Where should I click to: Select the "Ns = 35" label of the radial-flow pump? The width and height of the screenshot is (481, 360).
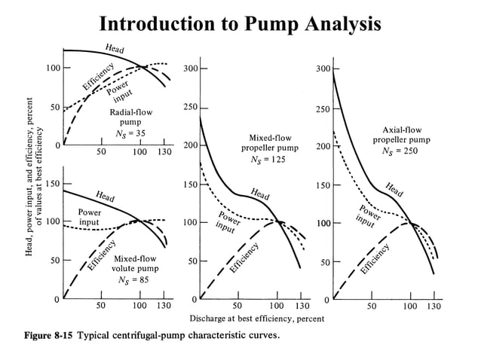pos(125,133)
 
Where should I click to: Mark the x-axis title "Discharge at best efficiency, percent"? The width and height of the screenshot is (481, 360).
pos(257,319)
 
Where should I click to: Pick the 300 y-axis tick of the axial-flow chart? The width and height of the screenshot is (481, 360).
pos(322,69)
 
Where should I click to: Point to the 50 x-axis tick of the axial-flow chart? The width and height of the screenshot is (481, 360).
pos(371,307)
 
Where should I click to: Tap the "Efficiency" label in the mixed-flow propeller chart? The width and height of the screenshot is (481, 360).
pos(245,261)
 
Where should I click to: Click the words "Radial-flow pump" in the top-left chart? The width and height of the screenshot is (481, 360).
pos(125,116)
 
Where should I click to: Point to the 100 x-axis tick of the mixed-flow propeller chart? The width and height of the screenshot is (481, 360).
pos(276,307)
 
